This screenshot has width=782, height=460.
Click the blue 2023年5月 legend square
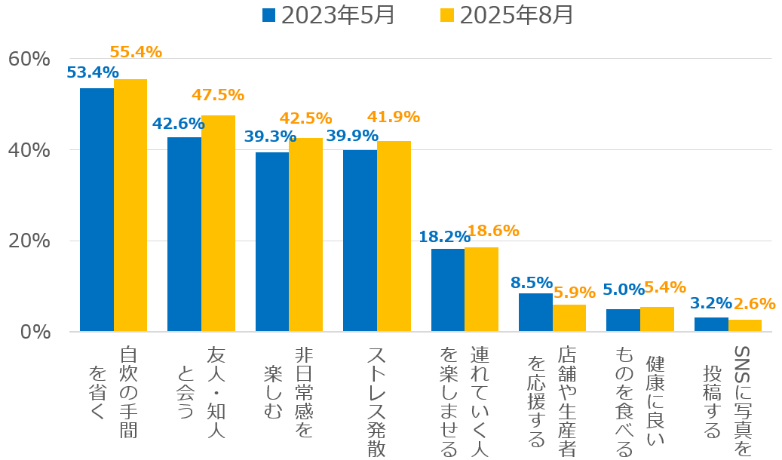coord(269,15)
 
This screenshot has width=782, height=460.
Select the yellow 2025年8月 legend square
coord(447,15)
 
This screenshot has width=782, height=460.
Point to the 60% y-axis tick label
coord(28,59)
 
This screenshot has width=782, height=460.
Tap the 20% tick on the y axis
coord(28,241)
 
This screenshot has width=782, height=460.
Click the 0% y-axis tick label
coord(33,332)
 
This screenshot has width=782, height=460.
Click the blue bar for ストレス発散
coord(360,241)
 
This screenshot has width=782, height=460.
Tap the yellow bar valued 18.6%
coord(481,290)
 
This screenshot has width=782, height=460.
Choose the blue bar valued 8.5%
coord(535,312)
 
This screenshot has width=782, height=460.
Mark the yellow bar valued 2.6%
coord(744,326)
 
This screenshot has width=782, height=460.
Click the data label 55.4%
coord(136,52)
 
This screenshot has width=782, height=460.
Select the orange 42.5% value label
coord(305,118)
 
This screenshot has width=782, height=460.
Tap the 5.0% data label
coord(623,290)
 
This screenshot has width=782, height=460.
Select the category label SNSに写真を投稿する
coord(727,400)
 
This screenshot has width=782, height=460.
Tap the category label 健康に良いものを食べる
coord(639,400)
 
